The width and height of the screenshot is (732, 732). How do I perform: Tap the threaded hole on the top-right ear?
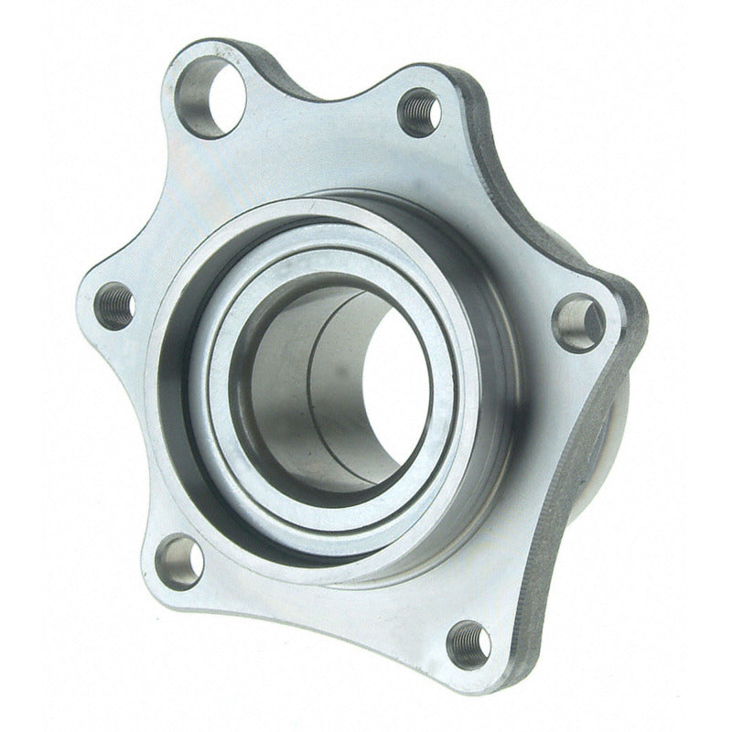[420, 112]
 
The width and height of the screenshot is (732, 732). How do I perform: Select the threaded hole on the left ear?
[115, 306]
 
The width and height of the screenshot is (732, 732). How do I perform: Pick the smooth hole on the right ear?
[578, 323]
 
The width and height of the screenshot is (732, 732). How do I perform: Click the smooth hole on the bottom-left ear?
[178, 561]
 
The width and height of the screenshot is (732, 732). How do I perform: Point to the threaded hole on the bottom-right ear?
[468, 644]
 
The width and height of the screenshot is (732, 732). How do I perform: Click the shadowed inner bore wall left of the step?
[274, 384]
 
